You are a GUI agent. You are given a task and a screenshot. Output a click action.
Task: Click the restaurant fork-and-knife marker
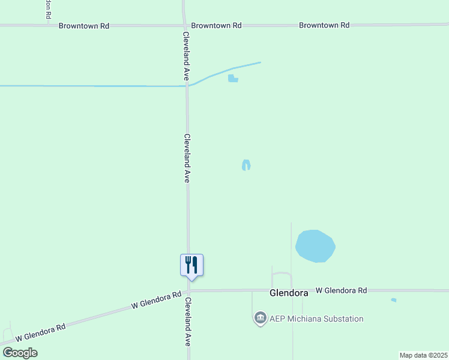point(192,265)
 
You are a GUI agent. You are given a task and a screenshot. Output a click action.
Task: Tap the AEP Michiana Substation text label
point(316,319)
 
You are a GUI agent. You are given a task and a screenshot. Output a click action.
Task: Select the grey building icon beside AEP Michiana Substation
point(260,318)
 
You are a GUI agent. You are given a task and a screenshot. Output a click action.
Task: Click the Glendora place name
point(289,293)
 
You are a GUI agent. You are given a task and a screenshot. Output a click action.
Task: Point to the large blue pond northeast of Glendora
point(315,246)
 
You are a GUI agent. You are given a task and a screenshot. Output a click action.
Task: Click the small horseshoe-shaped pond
point(246,165)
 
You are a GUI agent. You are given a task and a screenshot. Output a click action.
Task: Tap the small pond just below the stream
point(233,78)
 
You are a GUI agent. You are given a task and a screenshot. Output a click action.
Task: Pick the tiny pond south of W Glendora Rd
point(393,300)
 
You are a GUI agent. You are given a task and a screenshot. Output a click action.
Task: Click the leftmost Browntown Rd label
point(83,26)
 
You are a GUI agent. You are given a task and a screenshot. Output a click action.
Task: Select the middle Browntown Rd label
point(216,26)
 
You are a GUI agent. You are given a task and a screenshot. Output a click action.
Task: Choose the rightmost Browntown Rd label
point(324,25)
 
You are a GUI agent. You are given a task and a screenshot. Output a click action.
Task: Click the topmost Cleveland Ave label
point(187,56)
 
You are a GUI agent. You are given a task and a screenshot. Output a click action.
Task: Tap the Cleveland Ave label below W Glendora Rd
point(188,321)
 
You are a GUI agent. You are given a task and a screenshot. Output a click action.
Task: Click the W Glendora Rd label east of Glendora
point(341,290)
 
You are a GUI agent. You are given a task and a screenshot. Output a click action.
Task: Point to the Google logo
point(20,353)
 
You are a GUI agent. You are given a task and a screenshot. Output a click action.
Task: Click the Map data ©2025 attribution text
point(423,355)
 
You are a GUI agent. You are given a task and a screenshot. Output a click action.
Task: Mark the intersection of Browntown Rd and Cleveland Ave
point(184,25)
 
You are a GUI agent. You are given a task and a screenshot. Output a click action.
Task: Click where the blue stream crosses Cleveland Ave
point(187,86)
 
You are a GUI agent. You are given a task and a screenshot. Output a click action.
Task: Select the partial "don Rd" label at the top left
point(47,7)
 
